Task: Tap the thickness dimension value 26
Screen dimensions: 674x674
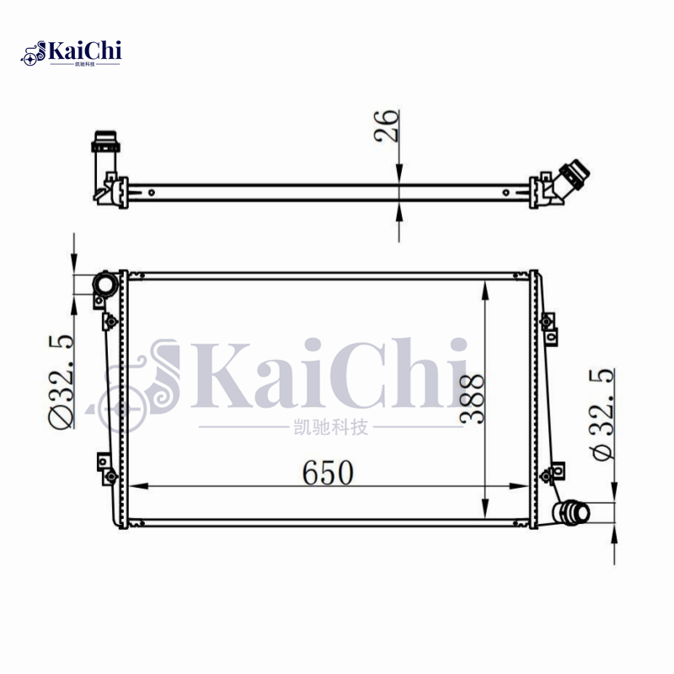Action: coord(388,127)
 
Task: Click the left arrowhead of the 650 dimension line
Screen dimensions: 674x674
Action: coord(135,486)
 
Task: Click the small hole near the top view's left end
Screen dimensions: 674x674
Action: coord(151,191)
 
